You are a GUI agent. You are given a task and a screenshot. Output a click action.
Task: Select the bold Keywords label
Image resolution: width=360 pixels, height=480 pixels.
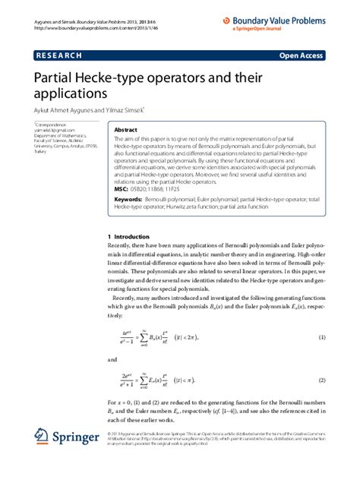pyautogui.click(x=128, y=197)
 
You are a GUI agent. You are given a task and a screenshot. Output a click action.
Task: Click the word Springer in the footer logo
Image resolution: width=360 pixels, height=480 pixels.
pyautogui.click(x=76, y=438)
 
